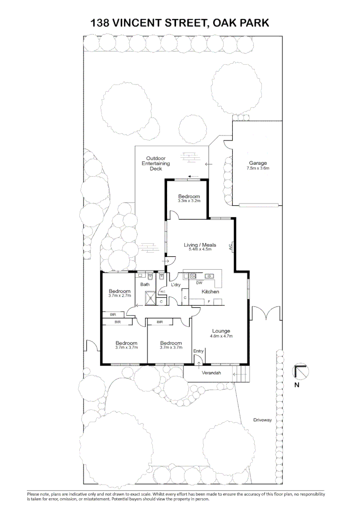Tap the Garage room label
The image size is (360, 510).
[258, 163]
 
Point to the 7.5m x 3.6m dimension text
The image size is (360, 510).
[258, 169]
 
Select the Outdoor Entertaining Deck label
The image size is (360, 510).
[156, 163]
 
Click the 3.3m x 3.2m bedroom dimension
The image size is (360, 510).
[189, 201]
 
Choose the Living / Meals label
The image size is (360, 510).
[200, 245]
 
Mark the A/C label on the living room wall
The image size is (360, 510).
[231, 247]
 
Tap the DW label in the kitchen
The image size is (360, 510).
[199, 283]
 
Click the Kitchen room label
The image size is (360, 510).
[210, 292]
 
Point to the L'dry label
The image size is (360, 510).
[176, 285]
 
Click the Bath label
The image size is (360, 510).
[145, 284]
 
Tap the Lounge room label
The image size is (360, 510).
[221, 331]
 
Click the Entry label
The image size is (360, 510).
[198, 351]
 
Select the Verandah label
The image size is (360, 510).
[211, 374]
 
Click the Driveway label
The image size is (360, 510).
[262, 420]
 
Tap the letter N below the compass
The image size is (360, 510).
[297, 384]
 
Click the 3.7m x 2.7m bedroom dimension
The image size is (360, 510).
[119, 296]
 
